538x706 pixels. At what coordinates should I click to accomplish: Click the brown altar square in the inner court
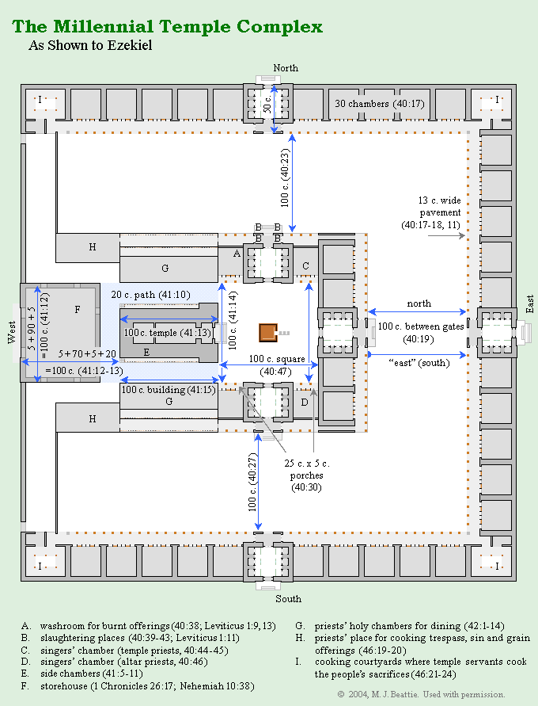click(267, 332)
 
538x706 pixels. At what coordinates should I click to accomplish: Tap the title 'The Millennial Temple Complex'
click(167, 26)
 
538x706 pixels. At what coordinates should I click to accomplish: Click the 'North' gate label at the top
click(286, 68)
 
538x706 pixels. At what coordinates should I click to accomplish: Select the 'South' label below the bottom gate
click(288, 598)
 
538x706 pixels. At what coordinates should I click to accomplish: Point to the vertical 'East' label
click(529, 303)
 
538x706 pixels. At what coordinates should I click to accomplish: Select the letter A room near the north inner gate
click(236, 253)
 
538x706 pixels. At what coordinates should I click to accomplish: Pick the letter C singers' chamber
click(305, 265)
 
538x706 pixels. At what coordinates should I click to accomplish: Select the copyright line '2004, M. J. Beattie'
click(421, 694)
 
